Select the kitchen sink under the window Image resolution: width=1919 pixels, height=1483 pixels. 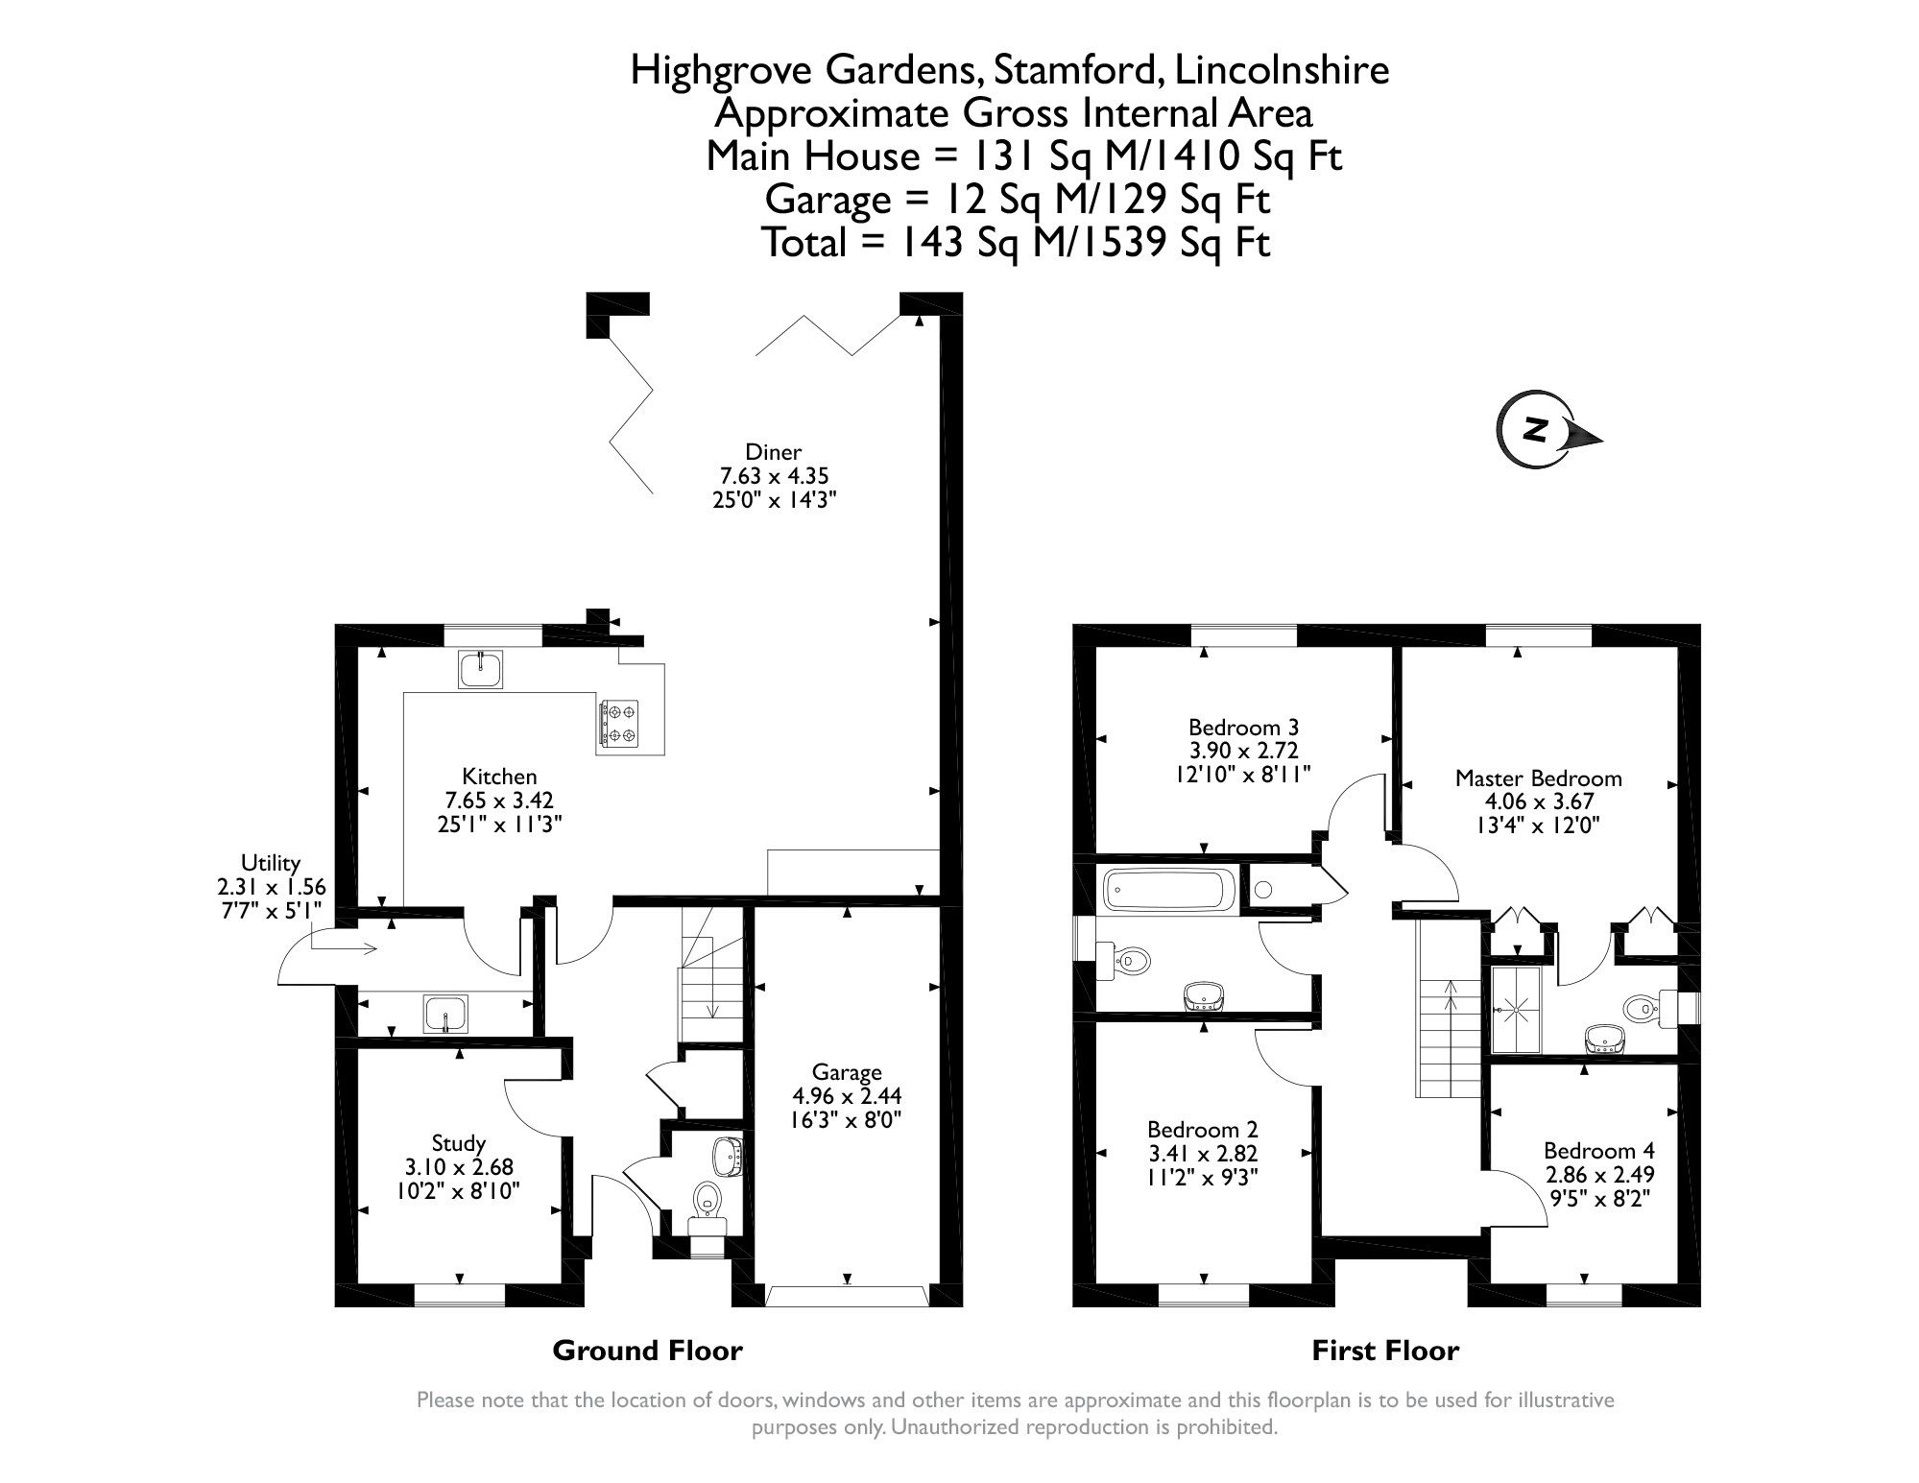[481, 669]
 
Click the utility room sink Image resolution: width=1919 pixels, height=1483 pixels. [444, 1015]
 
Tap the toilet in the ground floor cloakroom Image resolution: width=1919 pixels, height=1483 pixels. [708, 1198]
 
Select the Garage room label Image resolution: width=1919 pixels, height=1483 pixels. [847, 1072]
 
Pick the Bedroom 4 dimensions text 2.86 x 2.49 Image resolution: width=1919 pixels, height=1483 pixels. [1598, 1174]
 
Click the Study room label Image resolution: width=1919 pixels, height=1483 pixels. [458, 1143]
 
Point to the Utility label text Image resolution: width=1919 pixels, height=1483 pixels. [271, 863]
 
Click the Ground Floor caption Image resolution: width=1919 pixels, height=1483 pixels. [647, 1351]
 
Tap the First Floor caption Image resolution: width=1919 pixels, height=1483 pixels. [1384, 1351]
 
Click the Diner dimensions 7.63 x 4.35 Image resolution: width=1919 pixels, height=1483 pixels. [773, 475]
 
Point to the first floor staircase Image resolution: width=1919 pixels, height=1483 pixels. [1449, 1037]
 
